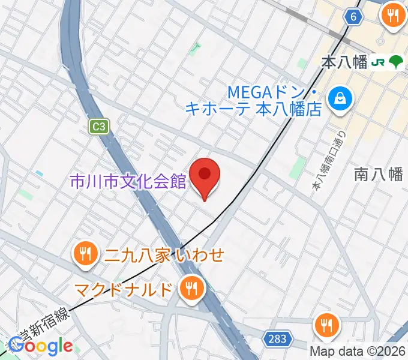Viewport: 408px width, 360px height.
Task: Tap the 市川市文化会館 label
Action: click(x=128, y=181)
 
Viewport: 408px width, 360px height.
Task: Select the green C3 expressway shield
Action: click(x=99, y=127)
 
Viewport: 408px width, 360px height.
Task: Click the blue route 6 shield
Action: click(x=354, y=17)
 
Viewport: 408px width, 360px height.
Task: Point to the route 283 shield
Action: click(x=278, y=339)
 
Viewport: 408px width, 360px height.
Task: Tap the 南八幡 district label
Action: click(x=378, y=175)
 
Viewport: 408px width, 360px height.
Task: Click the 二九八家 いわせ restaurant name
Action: click(x=164, y=256)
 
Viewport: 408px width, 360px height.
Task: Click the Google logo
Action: click(x=40, y=346)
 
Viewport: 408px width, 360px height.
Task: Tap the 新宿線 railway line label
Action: click(x=45, y=325)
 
